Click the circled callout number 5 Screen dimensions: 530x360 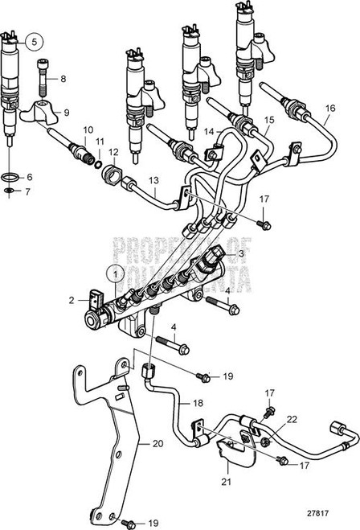click(35, 40)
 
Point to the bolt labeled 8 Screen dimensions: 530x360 click(43, 80)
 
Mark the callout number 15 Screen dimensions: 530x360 click(268, 120)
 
